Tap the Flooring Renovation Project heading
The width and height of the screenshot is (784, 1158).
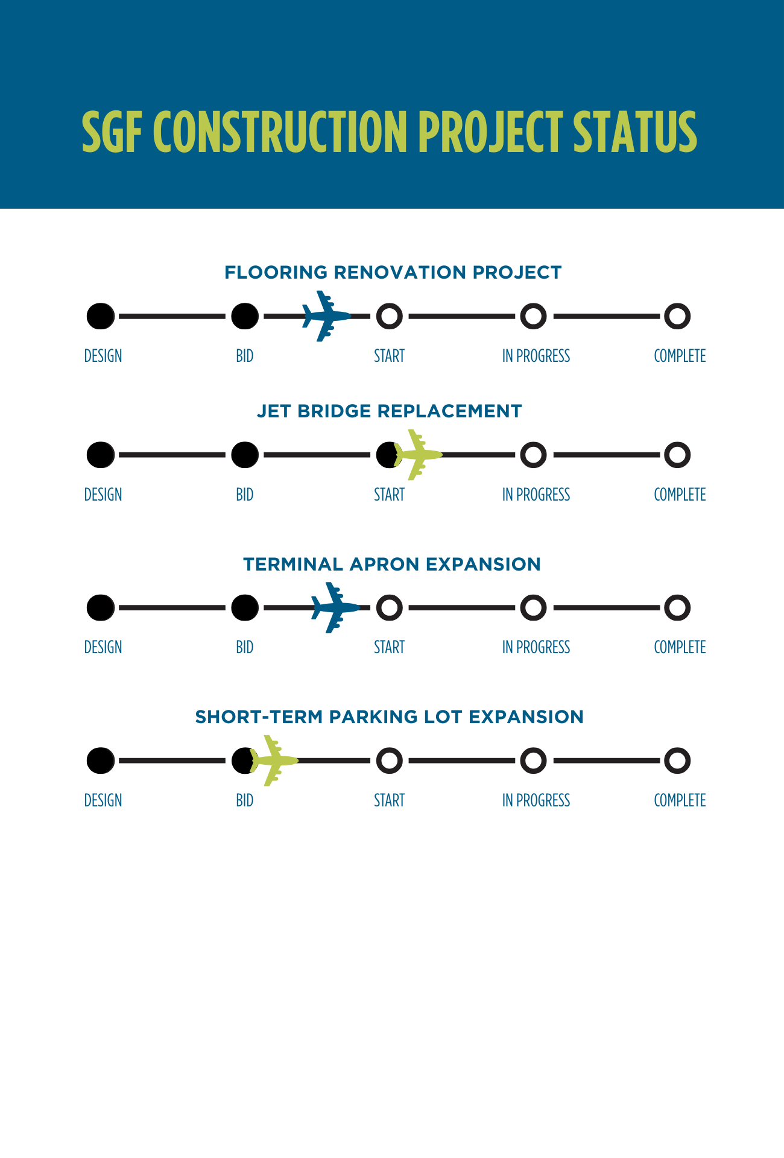click(393, 273)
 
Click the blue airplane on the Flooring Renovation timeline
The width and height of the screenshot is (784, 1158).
click(326, 316)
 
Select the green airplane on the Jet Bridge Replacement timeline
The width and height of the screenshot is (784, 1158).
click(417, 455)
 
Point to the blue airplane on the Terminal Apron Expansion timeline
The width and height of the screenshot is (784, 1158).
click(335, 607)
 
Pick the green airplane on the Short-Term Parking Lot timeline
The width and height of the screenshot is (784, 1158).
click(273, 761)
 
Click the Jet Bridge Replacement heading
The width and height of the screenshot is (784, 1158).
click(389, 411)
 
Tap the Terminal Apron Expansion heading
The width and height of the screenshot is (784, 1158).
click(392, 565)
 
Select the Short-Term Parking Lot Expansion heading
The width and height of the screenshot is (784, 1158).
click(390, 717)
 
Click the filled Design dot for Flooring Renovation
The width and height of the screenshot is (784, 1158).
click(101, 316)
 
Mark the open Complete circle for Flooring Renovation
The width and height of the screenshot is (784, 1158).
click(677, 316)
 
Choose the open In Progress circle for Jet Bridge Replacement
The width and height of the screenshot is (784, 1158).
click(533, 455)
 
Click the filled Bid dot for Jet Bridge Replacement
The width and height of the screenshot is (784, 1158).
click(245, 455)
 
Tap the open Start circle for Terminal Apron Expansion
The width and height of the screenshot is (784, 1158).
click(389, 607)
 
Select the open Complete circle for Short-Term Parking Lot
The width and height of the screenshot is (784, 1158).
click(677, 761)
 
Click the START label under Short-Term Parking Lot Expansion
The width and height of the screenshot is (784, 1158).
click(389, 800)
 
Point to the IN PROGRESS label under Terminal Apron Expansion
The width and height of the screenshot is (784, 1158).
click(536, 647)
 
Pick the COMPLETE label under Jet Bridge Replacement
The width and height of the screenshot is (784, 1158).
click(680, 495)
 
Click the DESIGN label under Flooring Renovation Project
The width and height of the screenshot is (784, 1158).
click(103, 356)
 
